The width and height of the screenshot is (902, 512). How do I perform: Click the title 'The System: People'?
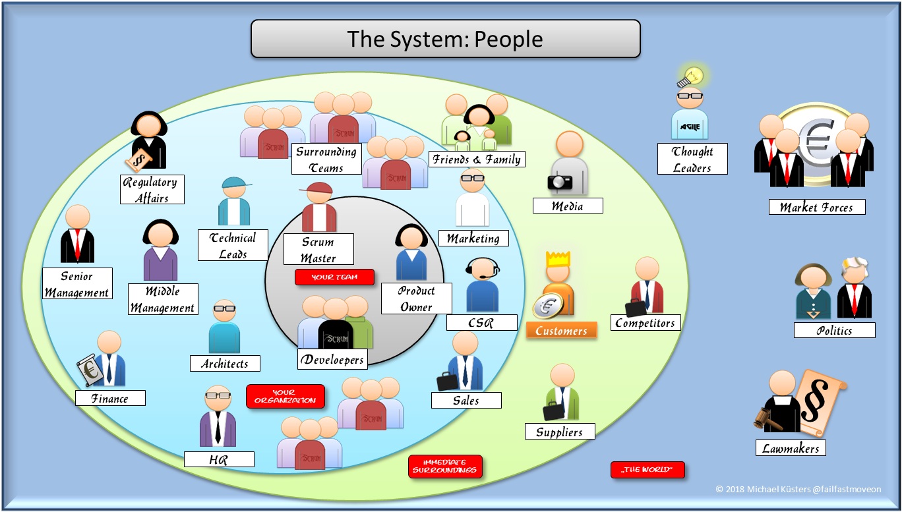click(445, 39)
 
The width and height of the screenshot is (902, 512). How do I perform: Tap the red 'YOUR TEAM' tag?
click(334, 277)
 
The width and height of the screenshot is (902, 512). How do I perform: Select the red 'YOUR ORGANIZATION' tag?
click(286, 397)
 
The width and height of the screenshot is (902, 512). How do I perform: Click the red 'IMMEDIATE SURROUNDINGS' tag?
click(445, 467)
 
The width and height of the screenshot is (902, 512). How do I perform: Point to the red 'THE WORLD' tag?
click(647, 470)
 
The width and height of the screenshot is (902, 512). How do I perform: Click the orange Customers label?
click(561, 331)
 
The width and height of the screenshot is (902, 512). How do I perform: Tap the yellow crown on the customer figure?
click(558, 258)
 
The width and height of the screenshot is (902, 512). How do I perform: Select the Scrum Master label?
click(318, 250)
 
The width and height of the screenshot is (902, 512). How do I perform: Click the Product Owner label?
click(416, 299)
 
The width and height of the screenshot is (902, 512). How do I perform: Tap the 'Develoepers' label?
click(333, 360)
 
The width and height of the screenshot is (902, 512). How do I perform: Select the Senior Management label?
click(76, 284)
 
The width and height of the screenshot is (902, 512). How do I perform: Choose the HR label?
click(218, 460)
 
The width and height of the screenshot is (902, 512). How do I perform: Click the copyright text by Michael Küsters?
click(798, 490)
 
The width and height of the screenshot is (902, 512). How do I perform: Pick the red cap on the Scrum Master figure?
click(317, 189)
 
